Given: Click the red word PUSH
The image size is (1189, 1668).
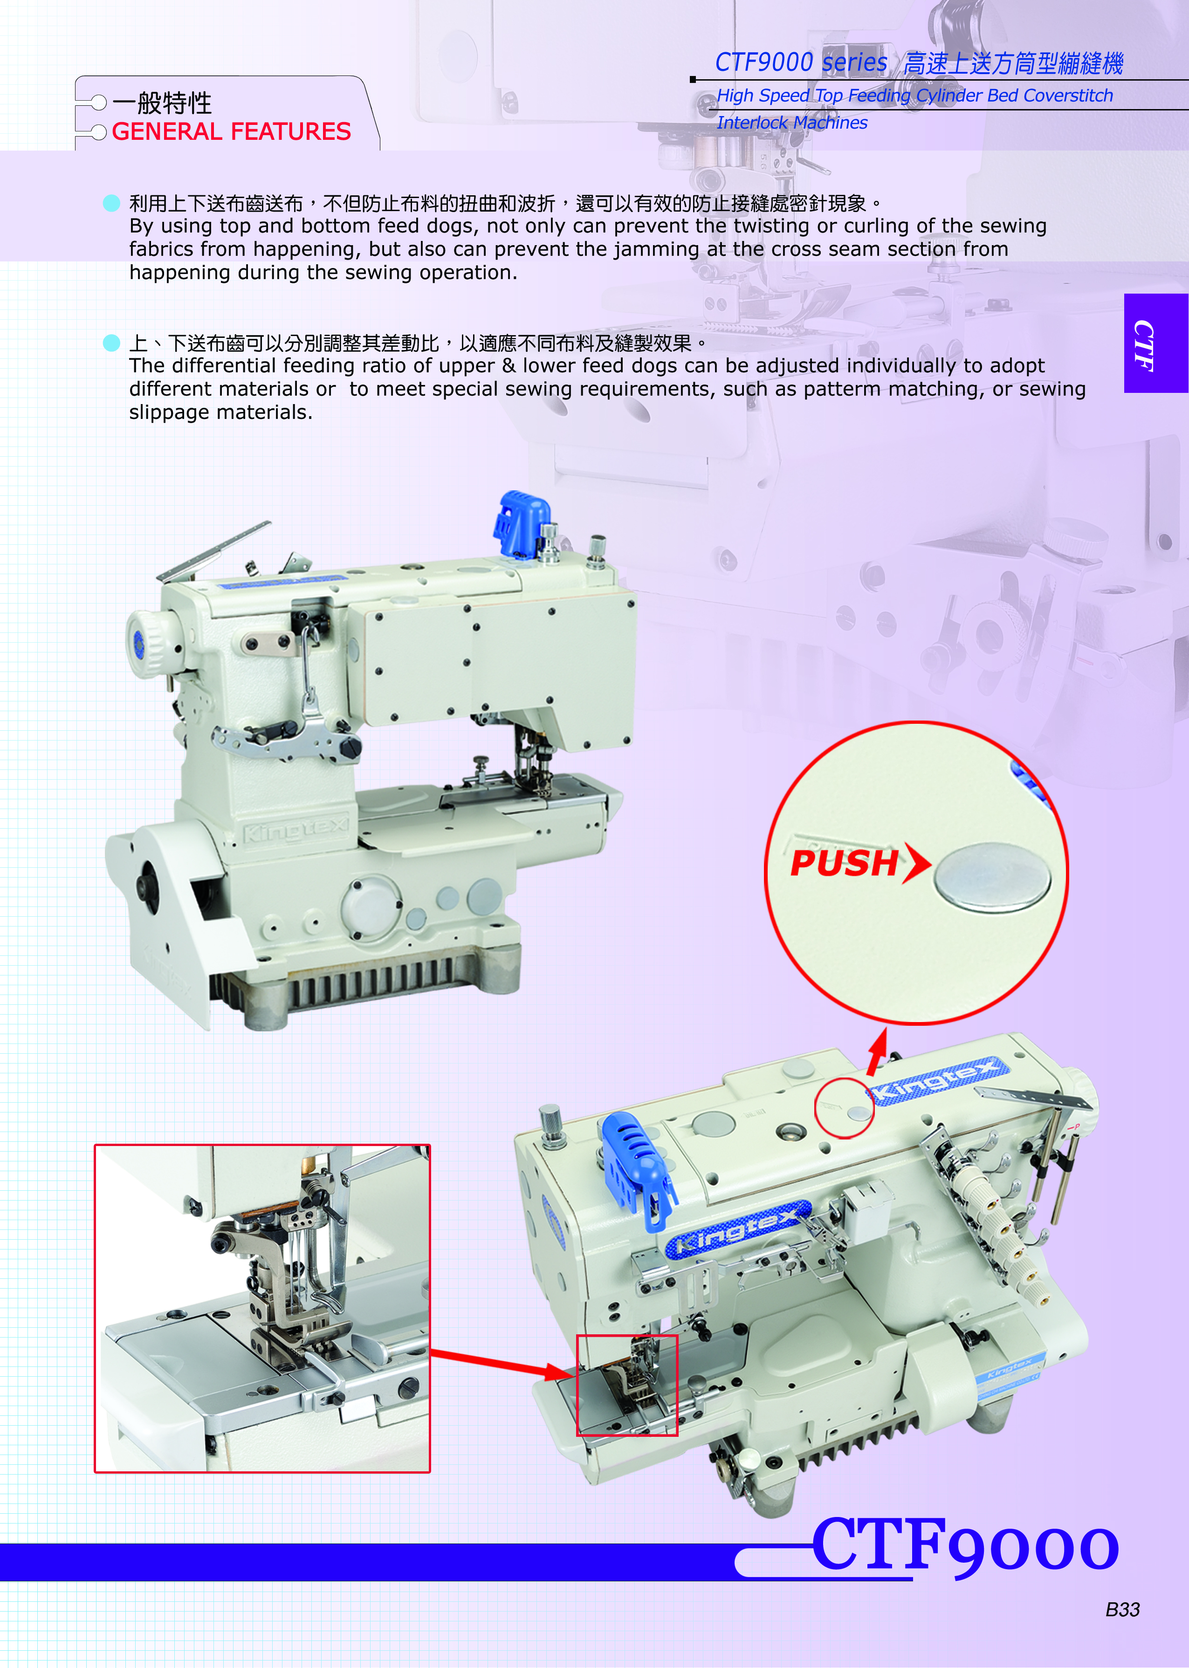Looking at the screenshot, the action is pos(844,863).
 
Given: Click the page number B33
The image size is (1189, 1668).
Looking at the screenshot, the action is pos(1122,1609).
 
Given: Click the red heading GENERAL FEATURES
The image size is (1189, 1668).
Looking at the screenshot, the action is pos(231,132).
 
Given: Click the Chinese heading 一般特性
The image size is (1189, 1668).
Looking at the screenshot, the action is pos(163,103).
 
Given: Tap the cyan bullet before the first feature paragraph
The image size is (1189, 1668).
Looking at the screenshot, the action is pos(111,203).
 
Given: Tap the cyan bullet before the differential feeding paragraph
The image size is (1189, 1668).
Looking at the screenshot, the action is pos(111,343).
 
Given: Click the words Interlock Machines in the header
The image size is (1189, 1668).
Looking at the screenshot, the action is pos(791,123).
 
